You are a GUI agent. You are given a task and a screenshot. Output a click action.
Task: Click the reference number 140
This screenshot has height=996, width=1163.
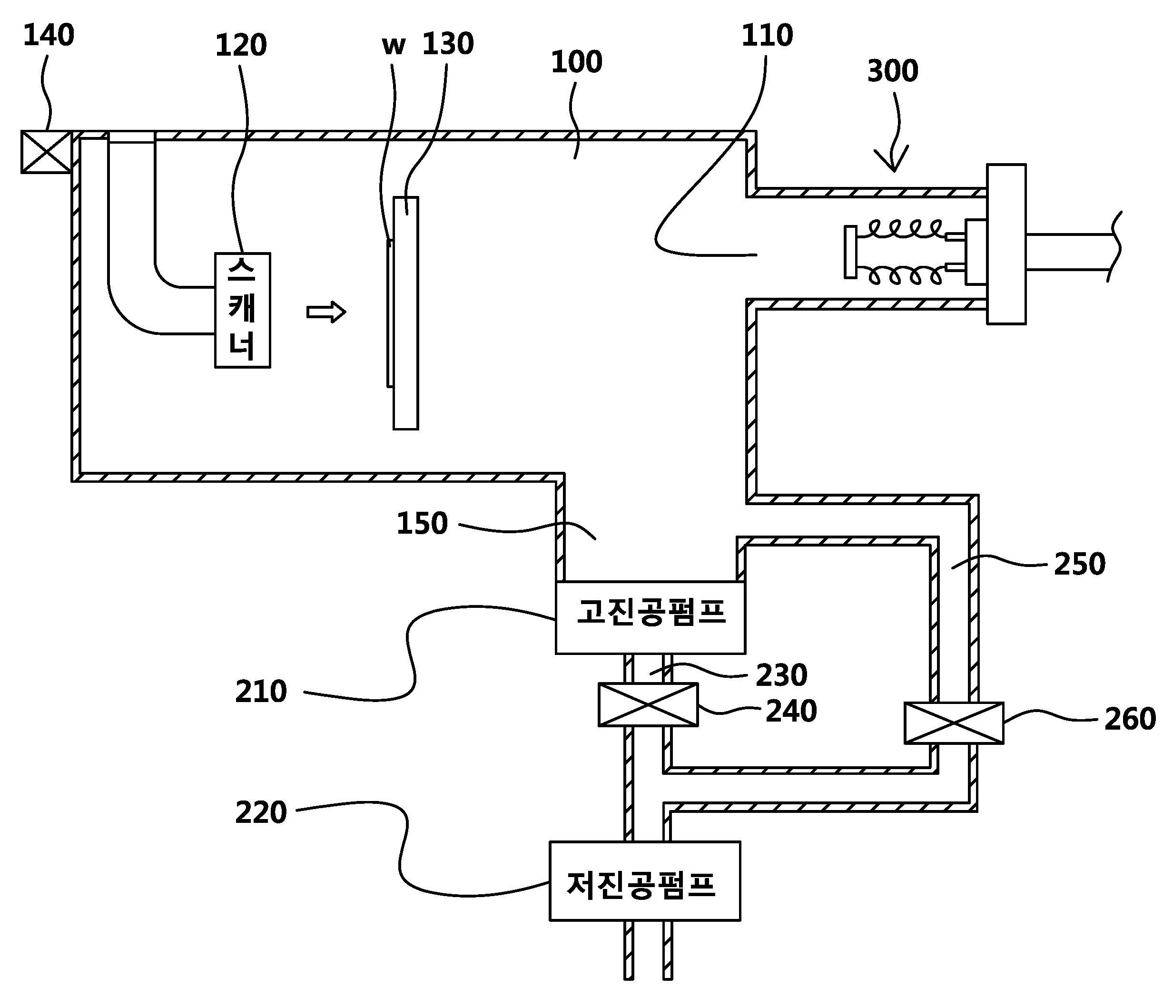click(49, 35)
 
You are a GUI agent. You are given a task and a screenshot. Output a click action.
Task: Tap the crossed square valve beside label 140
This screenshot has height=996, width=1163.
click(47, 152)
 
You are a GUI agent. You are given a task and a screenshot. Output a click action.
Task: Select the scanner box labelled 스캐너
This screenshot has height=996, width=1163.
click(243, 310)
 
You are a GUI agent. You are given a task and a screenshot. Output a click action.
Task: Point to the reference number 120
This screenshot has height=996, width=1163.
click(241, 46)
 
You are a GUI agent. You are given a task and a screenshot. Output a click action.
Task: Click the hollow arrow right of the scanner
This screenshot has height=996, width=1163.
click(326, 312)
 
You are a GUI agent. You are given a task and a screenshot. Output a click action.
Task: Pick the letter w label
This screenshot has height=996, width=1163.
click(394, 46)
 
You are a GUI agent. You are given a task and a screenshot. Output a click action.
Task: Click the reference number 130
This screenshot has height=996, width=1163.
click(448, 44)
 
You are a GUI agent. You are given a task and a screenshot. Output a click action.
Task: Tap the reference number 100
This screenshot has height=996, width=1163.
click(576, 62)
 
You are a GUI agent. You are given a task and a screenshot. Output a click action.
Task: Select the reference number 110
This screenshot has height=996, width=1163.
click(767, 35)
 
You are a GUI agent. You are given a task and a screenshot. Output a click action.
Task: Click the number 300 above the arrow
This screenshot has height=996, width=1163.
click(892, 71)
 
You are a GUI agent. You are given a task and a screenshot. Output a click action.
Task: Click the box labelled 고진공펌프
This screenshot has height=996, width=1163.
click(650, 617)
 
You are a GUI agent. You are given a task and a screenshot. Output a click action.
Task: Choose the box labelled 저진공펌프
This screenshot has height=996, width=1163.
click(645, 881)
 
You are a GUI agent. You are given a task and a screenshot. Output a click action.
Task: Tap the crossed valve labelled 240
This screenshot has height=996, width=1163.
click(648, 705)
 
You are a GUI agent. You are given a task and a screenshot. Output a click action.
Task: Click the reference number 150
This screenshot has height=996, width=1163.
click(422, 524)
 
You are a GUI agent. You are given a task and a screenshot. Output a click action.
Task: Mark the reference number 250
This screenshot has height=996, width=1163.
click(1079, 565)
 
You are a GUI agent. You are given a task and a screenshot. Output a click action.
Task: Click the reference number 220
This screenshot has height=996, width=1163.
click(261, 813)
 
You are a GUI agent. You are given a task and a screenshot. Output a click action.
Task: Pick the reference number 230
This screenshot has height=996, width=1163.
click(781, 675)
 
